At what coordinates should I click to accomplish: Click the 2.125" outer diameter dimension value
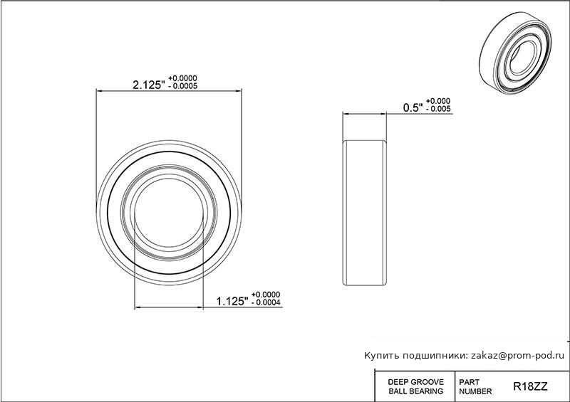coord(149,85)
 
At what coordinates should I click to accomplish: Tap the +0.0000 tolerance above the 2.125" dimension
coord(182,78)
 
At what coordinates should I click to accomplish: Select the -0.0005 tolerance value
coord(183,86)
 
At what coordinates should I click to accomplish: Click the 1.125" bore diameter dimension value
coord(232,302)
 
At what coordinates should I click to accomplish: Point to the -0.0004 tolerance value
coord(266,302)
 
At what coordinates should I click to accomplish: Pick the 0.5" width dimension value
coord(413,108)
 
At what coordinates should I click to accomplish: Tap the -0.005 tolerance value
coord(438,109)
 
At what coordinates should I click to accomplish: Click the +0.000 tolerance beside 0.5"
coord(438,101)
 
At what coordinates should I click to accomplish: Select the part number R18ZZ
coord(530,387)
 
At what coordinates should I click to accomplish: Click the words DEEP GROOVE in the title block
coord(416,382)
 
